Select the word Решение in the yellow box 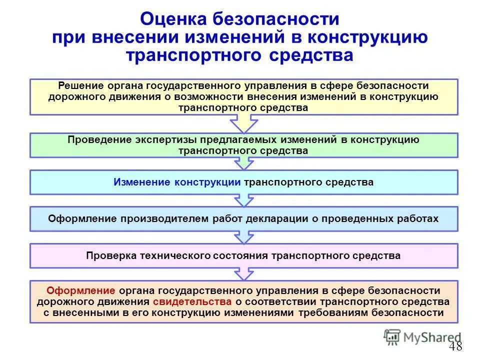78,86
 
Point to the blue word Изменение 142,182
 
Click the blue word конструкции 207,182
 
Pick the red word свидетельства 192,301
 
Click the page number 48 455,346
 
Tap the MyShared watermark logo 422,337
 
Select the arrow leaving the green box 243,162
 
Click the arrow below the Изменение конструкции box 243,200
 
